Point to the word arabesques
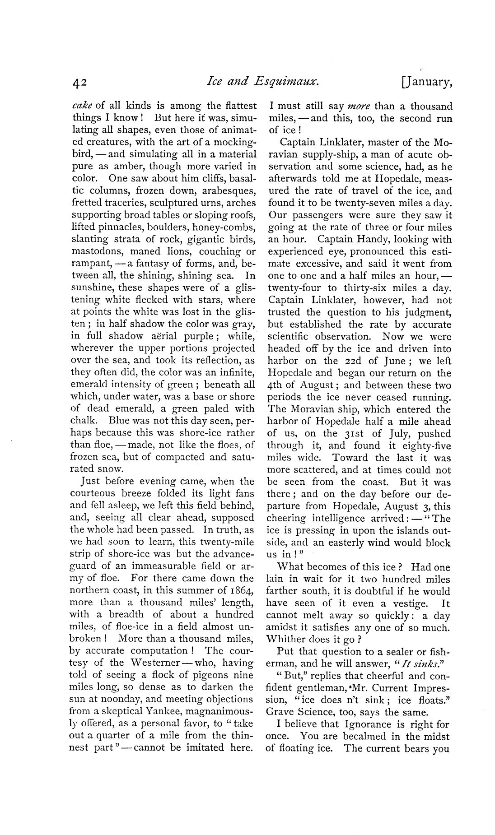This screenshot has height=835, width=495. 230,191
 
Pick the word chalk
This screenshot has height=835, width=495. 84,421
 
